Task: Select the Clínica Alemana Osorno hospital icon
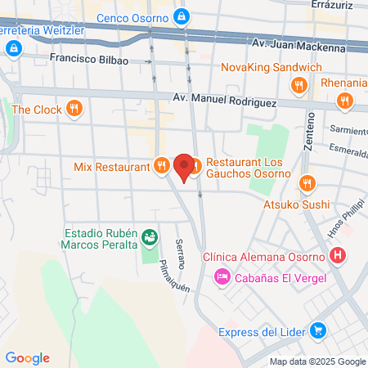[x=338, y=256]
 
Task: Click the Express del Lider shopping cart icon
[x=319, y=331]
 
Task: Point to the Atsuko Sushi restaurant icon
[x=307, y=182]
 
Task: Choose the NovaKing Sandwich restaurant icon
[x=299, y=83]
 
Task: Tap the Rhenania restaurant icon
[x=345, y=101]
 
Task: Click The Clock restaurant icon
[x=74, y=108]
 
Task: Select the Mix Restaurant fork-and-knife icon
[x=161, y=166]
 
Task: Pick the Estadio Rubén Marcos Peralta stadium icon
[x=150, y=236]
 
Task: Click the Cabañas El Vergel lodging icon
[x=222, y=278]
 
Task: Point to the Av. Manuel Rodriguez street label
[x=224, y=99]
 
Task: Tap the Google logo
[x=27, y=357]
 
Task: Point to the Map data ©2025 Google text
[x=317, y=361]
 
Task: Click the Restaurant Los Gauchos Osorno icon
[x=196, y=166]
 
